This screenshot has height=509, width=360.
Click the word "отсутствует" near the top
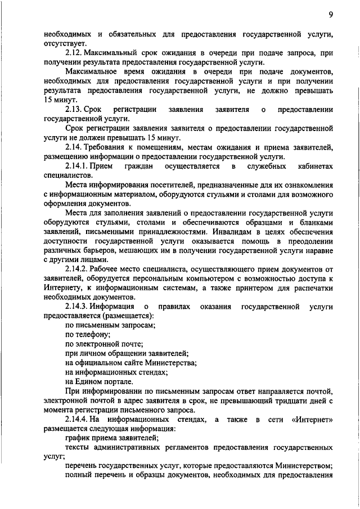[66, 43]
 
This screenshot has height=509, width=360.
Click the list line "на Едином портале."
[99, 381]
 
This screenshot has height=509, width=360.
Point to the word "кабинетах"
[313, 166]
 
